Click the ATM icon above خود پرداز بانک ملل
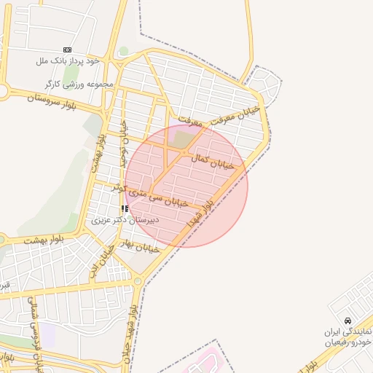[67, 50]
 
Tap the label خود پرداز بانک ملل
[66, 60]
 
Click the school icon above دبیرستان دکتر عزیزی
[125, 208]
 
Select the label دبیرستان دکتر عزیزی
[121, 219]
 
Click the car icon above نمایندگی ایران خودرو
[348, 321]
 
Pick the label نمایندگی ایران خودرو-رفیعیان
[348, 336]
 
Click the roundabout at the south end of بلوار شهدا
[138, 281]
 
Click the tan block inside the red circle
[185, 137]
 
